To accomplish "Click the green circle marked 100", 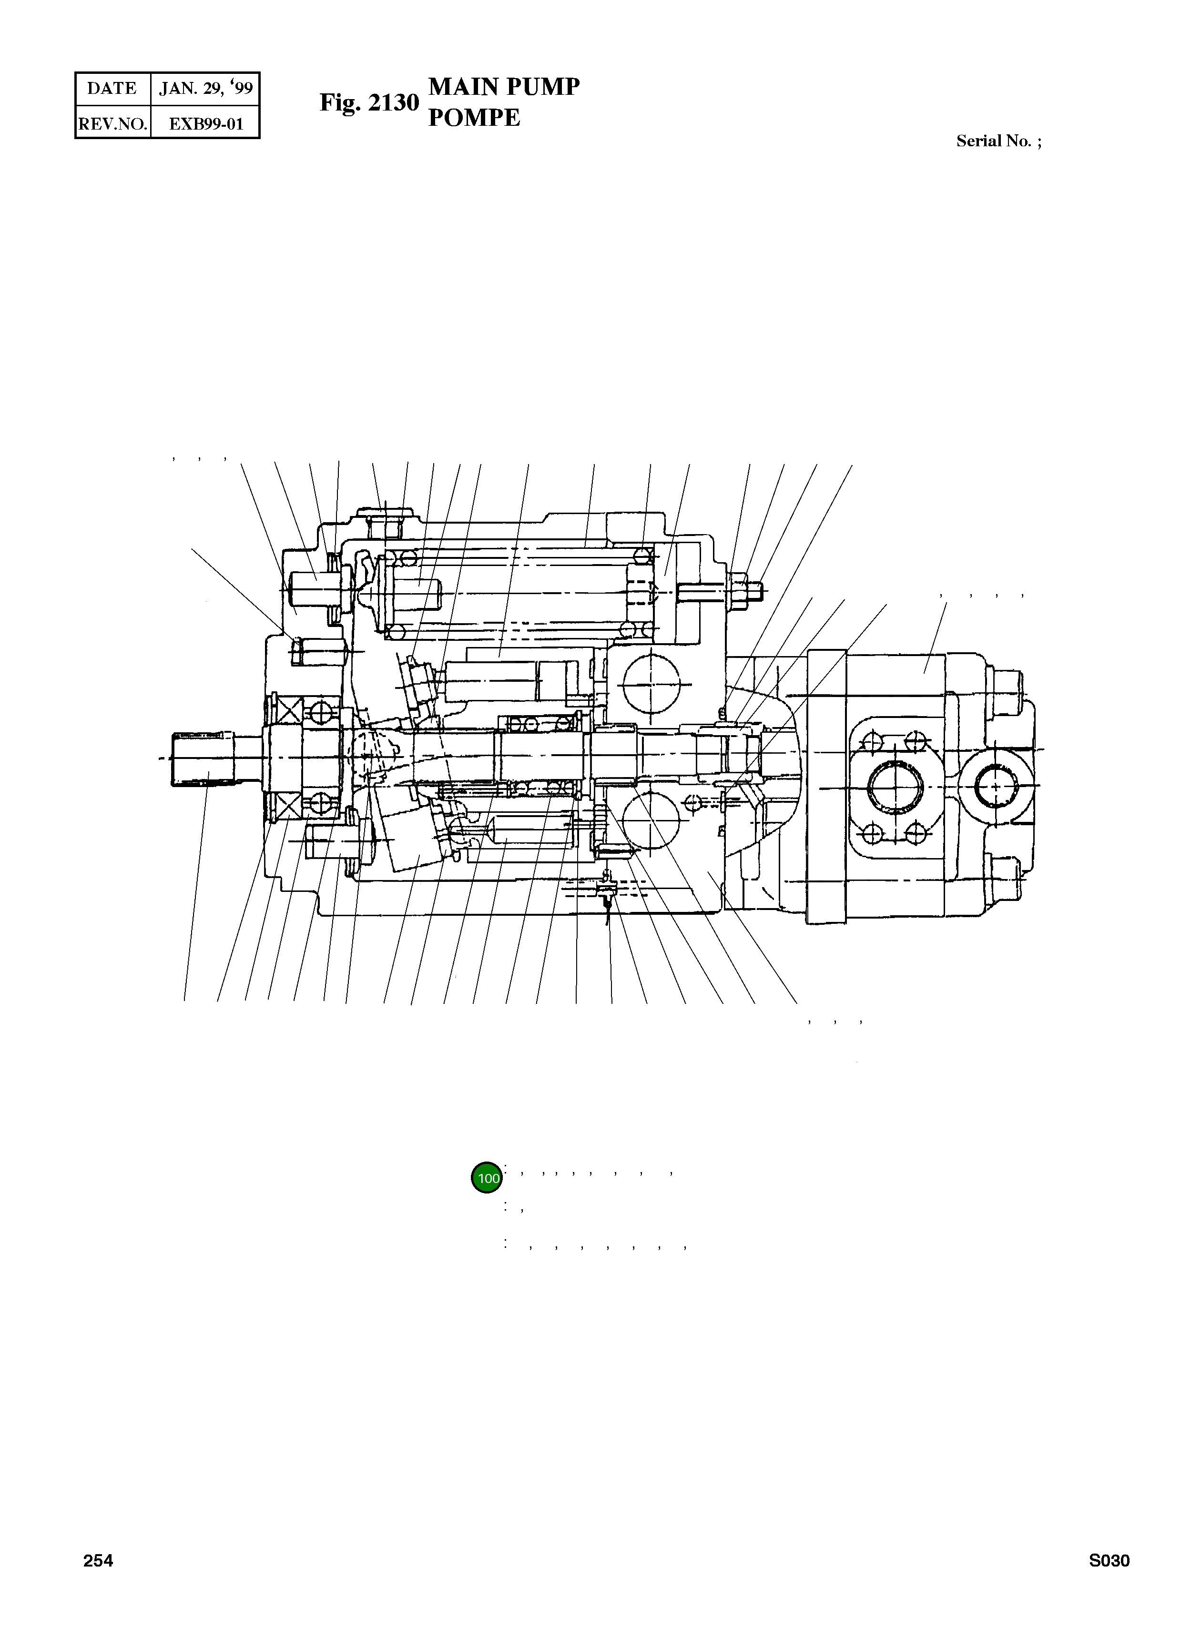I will (487, 1178).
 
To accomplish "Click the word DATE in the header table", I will (112, 89).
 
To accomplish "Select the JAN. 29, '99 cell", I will (206, 89).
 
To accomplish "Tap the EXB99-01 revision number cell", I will (206, 123).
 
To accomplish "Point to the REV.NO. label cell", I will (112, 123).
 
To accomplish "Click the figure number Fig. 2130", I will (369, 102).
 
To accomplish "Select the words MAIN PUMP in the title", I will (504, 87).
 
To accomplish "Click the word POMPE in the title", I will (474, 118).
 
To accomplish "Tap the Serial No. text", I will (998, 141).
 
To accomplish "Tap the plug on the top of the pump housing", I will (385, 516).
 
